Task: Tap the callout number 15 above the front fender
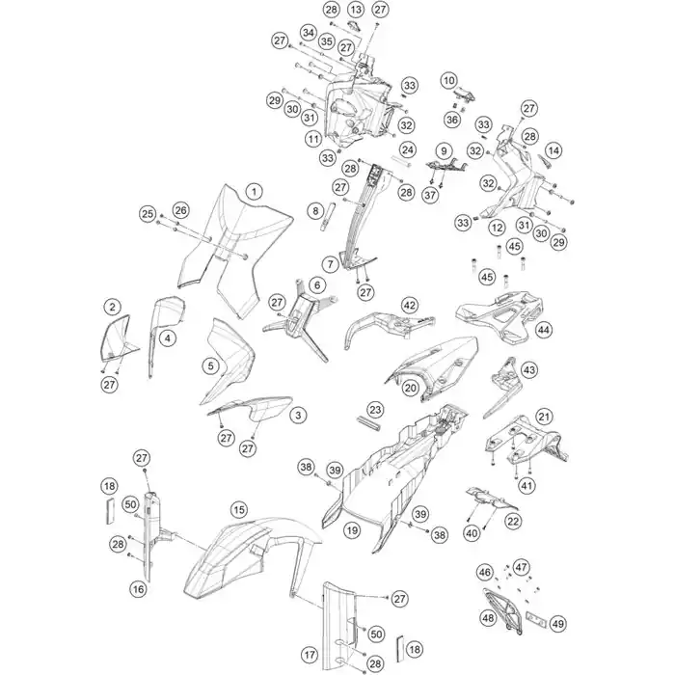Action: click(x=239, y=510)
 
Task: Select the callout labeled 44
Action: click(x=544, y=329)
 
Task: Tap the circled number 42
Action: click(x=409, y=306)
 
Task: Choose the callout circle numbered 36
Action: click(x=452, y=120)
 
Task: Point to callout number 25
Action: click(x=148, y=213)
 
